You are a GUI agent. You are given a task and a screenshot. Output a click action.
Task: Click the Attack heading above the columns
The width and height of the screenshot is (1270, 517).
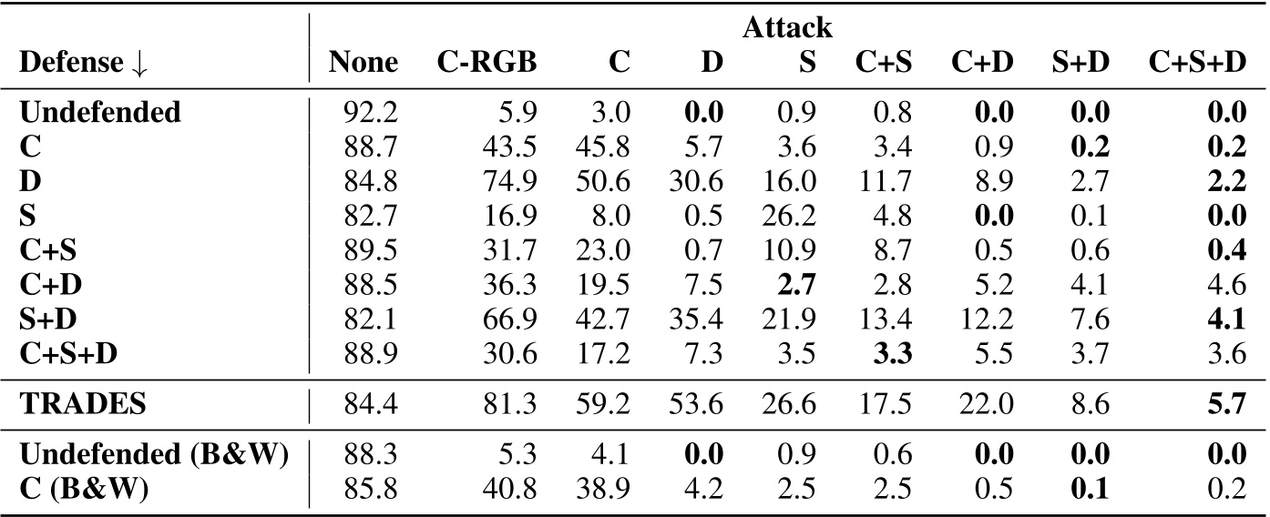click(x=787, y=27)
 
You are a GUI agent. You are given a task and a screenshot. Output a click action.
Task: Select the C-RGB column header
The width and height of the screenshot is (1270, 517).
click(x=486, y=62)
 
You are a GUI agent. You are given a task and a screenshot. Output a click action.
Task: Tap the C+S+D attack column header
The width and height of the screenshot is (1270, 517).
click(x=1196, y=62)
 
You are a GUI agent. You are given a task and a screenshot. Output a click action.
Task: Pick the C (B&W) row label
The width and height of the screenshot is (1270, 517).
click(x=84, y=490)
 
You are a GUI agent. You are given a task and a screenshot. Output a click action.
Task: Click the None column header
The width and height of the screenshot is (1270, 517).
click(x=364, y=62)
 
